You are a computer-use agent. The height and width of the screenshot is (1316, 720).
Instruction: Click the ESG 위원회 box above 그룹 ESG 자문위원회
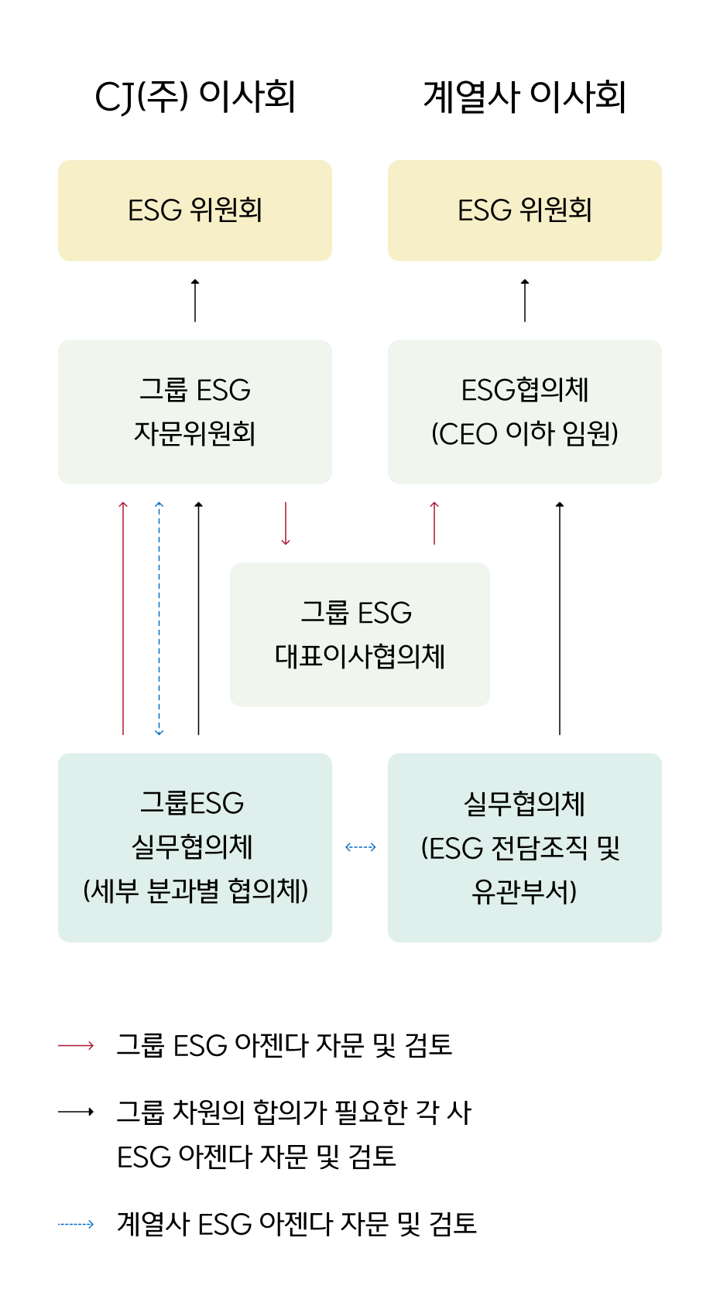pos(195,210)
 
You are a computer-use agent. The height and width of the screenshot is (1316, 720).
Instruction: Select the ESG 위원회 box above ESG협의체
pos(525,210)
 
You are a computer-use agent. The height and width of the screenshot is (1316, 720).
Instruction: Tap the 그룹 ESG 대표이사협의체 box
pos(360,634)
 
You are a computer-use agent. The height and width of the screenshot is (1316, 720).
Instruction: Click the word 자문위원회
pos(195,433)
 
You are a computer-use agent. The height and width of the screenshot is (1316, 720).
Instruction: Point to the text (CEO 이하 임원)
pos(525,433)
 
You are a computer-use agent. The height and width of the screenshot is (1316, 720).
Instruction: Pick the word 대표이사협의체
pos(360,656)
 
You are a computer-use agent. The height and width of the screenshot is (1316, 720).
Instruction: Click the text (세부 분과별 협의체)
pos(195,890)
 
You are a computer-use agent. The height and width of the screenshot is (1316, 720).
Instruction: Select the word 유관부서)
pos(525,891)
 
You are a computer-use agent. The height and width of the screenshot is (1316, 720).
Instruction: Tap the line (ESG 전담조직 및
pos(521,848)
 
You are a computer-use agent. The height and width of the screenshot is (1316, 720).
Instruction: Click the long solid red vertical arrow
pos(123,619)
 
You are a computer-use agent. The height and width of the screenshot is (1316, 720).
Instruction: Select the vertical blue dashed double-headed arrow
pos(159,619)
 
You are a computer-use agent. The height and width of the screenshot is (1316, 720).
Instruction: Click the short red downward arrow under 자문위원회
pos(286,524)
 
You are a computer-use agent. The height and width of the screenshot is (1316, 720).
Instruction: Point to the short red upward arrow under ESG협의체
pos(434,524)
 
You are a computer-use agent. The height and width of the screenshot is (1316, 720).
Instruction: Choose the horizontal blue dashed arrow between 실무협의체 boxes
pos(361,847)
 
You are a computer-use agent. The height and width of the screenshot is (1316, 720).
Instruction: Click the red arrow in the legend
pos(76,1045)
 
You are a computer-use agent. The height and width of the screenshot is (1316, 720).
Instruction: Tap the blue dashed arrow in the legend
pos(76,1224)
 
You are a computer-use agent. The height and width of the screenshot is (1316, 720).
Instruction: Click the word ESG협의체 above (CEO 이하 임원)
pos(525,390)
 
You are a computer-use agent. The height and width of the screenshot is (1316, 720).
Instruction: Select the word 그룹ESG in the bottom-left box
pos(192,803)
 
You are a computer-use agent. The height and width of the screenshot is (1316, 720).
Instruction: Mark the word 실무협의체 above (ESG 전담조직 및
pos(525,804)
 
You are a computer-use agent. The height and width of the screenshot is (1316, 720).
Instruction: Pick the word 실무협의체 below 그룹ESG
pos(193,847)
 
